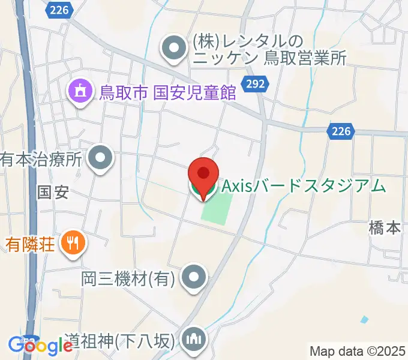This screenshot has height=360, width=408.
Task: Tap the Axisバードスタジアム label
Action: pyautogui.click(x=304, y=187)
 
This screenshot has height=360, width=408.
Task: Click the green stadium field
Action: pyautogui.click(x=217, y=208)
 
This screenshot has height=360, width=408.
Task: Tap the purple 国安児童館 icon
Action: pyautogui.click(x=79, y=91)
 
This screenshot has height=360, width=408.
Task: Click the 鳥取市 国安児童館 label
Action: pyautogui.click(x=167, y=92)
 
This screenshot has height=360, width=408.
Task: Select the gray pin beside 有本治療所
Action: pyautogui.click(x=100, y=159)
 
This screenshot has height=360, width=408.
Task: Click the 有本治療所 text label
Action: pyautogui.click(x=41, y=160)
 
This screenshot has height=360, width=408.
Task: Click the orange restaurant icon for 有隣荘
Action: pyautogui.click(x=75, y=243)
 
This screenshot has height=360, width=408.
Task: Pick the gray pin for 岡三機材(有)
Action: pyautogui.click(x=194, y=278)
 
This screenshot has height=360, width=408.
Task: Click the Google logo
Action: pyautogui.click(x=40, y=346)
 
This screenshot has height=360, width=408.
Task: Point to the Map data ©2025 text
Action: pyautogui.click(x=358, y=351)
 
